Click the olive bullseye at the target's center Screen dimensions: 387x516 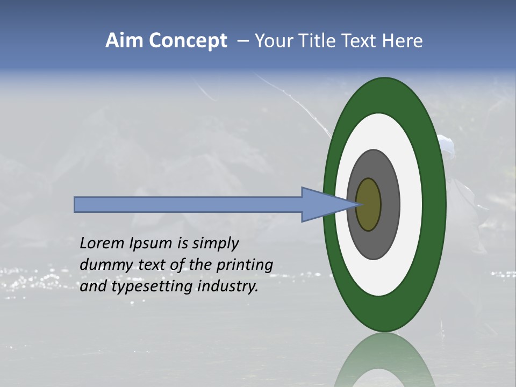[x=369, y=205]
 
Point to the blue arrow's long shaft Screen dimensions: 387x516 [x=188, y=205]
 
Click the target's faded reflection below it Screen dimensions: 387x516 [x=385, y=360]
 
